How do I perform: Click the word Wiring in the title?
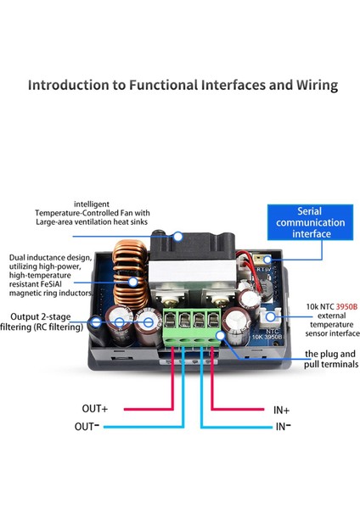tap(317, 86)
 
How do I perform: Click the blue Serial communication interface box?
tap(310, 222)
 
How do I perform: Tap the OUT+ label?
tap(94, 408)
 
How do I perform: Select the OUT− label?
tap(87, 426)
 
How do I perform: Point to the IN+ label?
tap(281, 411)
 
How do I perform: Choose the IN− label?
tap(284, 426)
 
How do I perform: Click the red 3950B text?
tap(346, 306)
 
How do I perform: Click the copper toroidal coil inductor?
tap(130, 274)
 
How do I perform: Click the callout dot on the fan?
tap(177, 237)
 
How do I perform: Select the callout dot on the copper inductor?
tap(132, 282)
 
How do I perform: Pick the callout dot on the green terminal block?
tap(220, 335)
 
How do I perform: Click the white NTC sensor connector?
tap(270, 317)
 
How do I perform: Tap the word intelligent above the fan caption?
tap(92, 204)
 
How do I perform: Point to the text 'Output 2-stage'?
tap(40, 316)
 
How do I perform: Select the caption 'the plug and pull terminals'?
tap(331, 359)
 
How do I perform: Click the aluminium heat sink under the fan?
tap(193, 272)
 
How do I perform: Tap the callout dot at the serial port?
tap(267, 260)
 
